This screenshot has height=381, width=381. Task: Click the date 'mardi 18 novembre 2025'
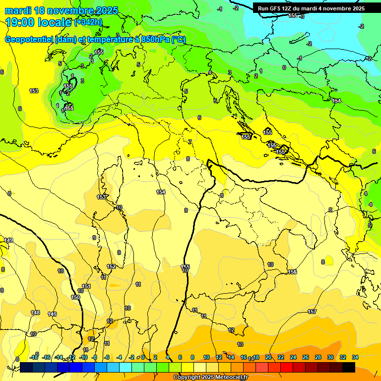(x=62, y=10)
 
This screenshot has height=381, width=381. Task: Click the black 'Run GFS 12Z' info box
(x=311, y=8)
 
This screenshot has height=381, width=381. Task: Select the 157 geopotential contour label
(x=312, y=312)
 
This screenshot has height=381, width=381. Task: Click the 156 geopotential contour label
(x=292, y=272)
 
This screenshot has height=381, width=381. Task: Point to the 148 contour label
(x=35, y=313)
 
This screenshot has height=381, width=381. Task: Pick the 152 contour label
(x=112, y=266)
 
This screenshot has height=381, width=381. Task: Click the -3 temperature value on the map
(x=302, y=16)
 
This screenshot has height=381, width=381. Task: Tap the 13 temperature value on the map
(x=241, y=344)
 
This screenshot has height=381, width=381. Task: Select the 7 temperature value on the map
(x=190, y=142)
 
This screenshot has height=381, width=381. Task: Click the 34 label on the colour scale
(x=355, y=357)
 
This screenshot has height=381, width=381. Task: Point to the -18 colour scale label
(x=34, y=357)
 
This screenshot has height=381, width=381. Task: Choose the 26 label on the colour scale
(x=306, y=357)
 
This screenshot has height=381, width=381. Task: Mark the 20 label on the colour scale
(x=268, y=357)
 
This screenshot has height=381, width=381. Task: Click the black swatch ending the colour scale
(x=349, y=367)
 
